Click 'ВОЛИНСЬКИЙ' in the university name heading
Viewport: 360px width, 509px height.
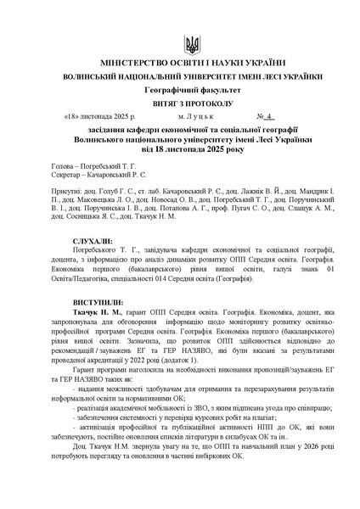pyautogui.click(x=96, y=76)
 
